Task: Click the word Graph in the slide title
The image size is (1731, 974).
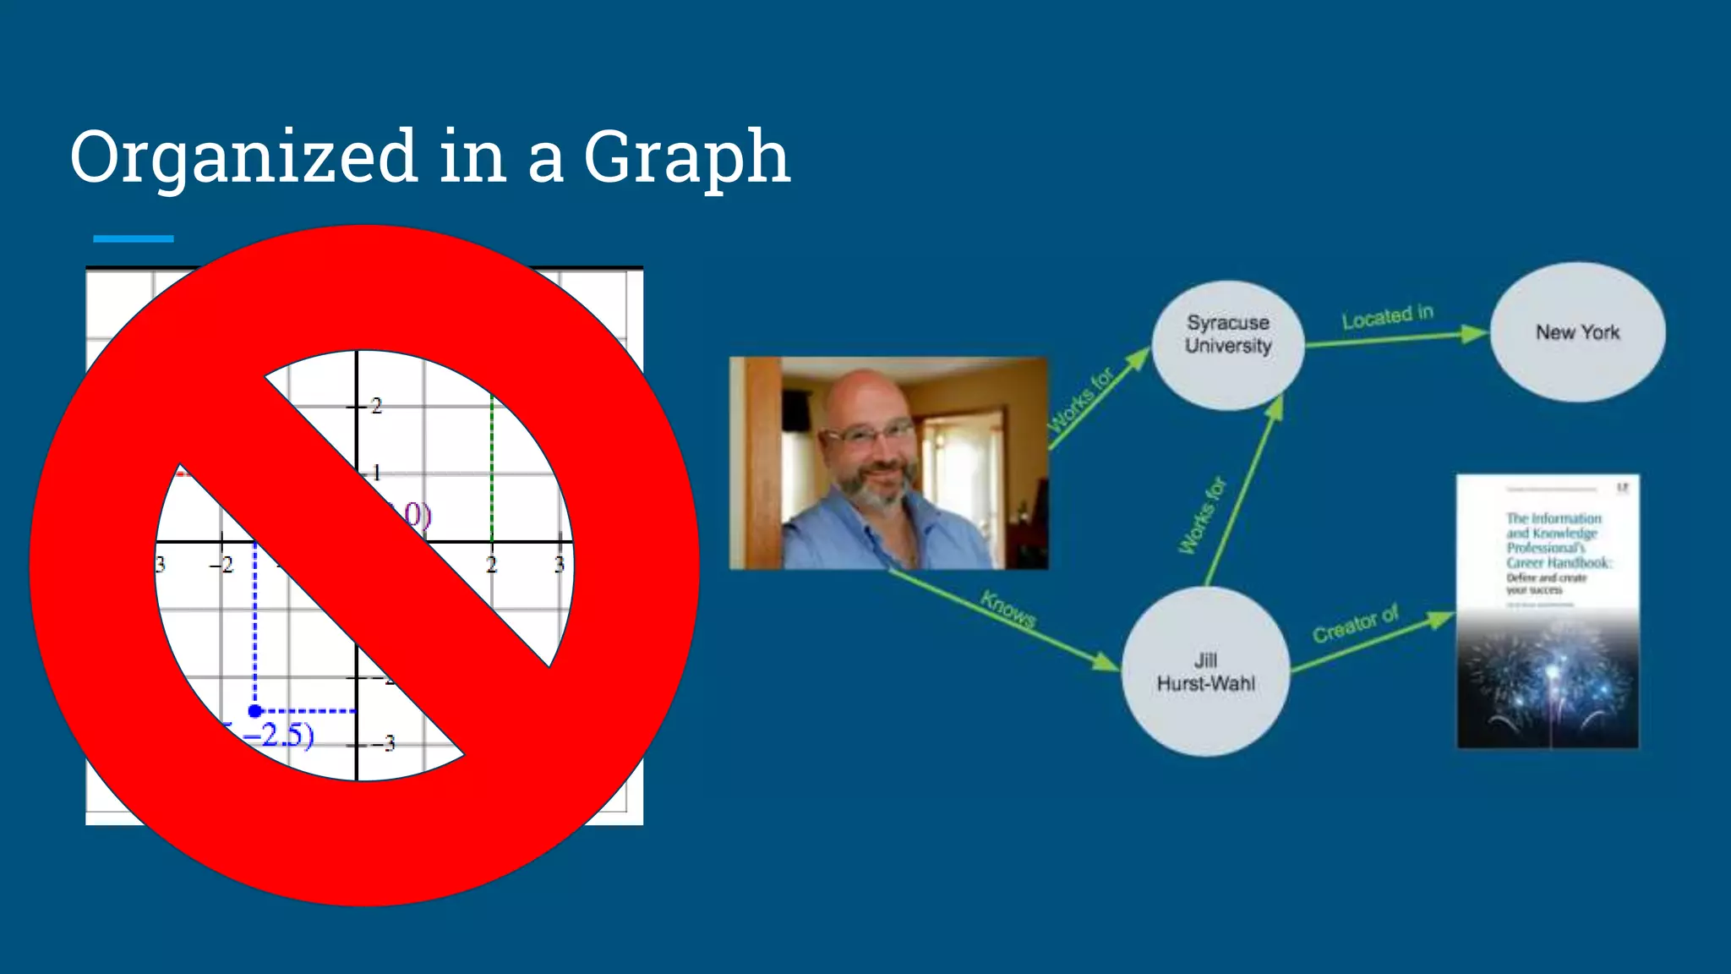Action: click(686, 159)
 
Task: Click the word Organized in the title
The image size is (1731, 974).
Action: click(243, 157)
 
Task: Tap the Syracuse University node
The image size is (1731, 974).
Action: click(1228, 345)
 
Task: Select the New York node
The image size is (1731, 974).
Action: click(1577, 332)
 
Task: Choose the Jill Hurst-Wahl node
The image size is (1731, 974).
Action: click(1206, 671)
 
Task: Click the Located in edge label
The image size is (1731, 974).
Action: click(1388, 317)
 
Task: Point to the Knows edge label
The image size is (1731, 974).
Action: click(1007, 609)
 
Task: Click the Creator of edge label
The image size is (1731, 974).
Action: click(1356, 624)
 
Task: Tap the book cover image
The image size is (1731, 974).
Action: click(1548, 610)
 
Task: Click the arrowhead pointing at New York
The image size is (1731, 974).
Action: click(1475, 334)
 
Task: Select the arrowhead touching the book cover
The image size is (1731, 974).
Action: click(1440, 620)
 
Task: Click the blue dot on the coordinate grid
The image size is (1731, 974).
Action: click(255, 711)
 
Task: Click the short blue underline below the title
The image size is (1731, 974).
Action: click(134, 239)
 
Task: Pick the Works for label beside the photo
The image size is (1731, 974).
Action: click(1081, 401)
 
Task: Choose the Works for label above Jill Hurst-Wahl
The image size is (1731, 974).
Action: click(1202, 516)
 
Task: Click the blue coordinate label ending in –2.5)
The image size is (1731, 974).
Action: click(279, 735)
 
